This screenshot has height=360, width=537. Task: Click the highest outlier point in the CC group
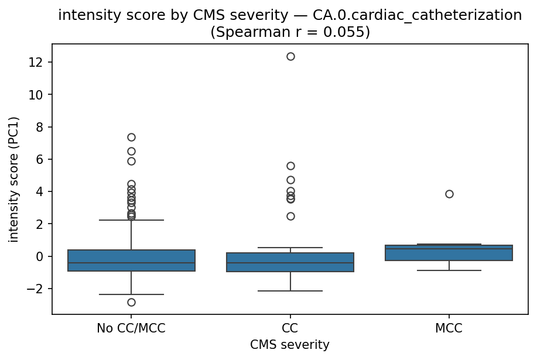point(290,57)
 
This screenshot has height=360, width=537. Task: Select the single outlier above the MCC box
point(449,194)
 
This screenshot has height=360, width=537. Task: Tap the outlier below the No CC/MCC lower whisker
point(131,302)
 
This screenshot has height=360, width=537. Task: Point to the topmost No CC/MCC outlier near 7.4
point(131,137)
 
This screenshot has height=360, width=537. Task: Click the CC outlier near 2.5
point(290,216)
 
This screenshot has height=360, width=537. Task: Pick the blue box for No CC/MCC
point(131,260)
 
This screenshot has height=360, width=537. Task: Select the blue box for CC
point(290,262)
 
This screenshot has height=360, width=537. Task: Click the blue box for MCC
point(449,253)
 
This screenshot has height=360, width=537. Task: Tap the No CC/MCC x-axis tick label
point(131,328)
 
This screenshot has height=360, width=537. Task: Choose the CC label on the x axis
point(290,328)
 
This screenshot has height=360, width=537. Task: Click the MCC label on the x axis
point(449,328)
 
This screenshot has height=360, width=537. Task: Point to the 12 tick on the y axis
point(39,62)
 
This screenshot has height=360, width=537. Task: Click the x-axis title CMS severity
point(290,345)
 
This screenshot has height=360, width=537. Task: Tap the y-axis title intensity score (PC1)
point(14,179)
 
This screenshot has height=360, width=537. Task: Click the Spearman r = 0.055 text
point(290,32)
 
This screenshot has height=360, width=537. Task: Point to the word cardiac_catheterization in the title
point(428,16)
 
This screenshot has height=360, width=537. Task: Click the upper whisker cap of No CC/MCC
point(131,220)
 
